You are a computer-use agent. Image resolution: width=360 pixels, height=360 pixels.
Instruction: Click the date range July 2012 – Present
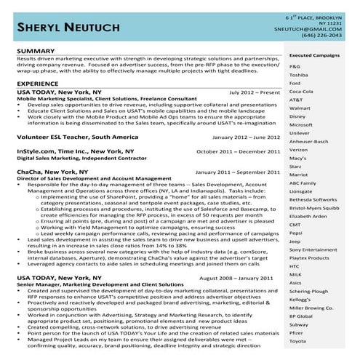[254, 93]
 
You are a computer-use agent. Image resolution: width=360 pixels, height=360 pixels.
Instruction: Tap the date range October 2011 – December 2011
[238, 151]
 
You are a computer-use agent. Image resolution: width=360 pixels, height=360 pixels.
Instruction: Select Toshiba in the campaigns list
[299, 75]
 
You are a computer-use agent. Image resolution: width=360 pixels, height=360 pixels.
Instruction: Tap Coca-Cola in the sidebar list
[301, 92]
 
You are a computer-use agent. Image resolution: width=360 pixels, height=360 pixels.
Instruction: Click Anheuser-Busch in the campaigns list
[308, 141]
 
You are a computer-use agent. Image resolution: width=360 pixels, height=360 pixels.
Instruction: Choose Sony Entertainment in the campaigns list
[313, 249]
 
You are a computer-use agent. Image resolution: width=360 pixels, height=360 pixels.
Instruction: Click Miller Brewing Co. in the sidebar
[311, 308]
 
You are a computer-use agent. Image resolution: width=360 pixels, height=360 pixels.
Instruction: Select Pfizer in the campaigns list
[297, 332]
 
